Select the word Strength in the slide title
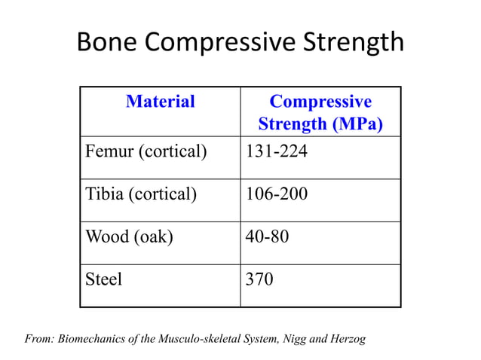coord(354,42)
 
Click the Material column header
coord(161,102)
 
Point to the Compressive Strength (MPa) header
coord(320,112)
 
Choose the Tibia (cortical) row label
coord(142,195)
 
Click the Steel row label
coord(104,279)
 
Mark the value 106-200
coord(277,195)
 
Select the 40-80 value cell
coord(268,237)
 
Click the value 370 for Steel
coord(260,279)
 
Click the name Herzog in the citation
coord(347,339)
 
